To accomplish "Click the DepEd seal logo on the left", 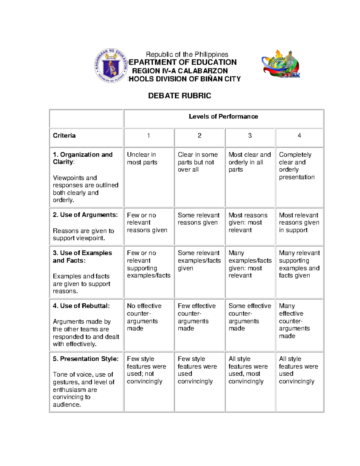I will point(111,65).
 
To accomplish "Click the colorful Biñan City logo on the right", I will point(281,65).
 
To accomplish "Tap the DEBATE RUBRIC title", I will point(179,96).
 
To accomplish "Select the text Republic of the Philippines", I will point(187,54).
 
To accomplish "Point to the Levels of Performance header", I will point(223,116).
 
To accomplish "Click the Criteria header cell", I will point(64,136).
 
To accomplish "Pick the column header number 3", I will point(250,136).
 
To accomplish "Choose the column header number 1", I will point(148,136).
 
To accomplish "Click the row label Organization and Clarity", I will point(82,158).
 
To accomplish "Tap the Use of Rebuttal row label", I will point(81,306).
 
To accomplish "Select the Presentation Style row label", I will point(85,359).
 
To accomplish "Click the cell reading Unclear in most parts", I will point(142,158).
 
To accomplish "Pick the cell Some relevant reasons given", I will point(198,219).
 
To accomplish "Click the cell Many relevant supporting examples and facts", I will point(299,264).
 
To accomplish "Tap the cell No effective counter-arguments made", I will point(144,317).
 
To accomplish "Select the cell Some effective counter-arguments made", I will point(250,317).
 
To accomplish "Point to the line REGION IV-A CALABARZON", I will point(180,71).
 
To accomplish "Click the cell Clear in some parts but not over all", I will point(197,162).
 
